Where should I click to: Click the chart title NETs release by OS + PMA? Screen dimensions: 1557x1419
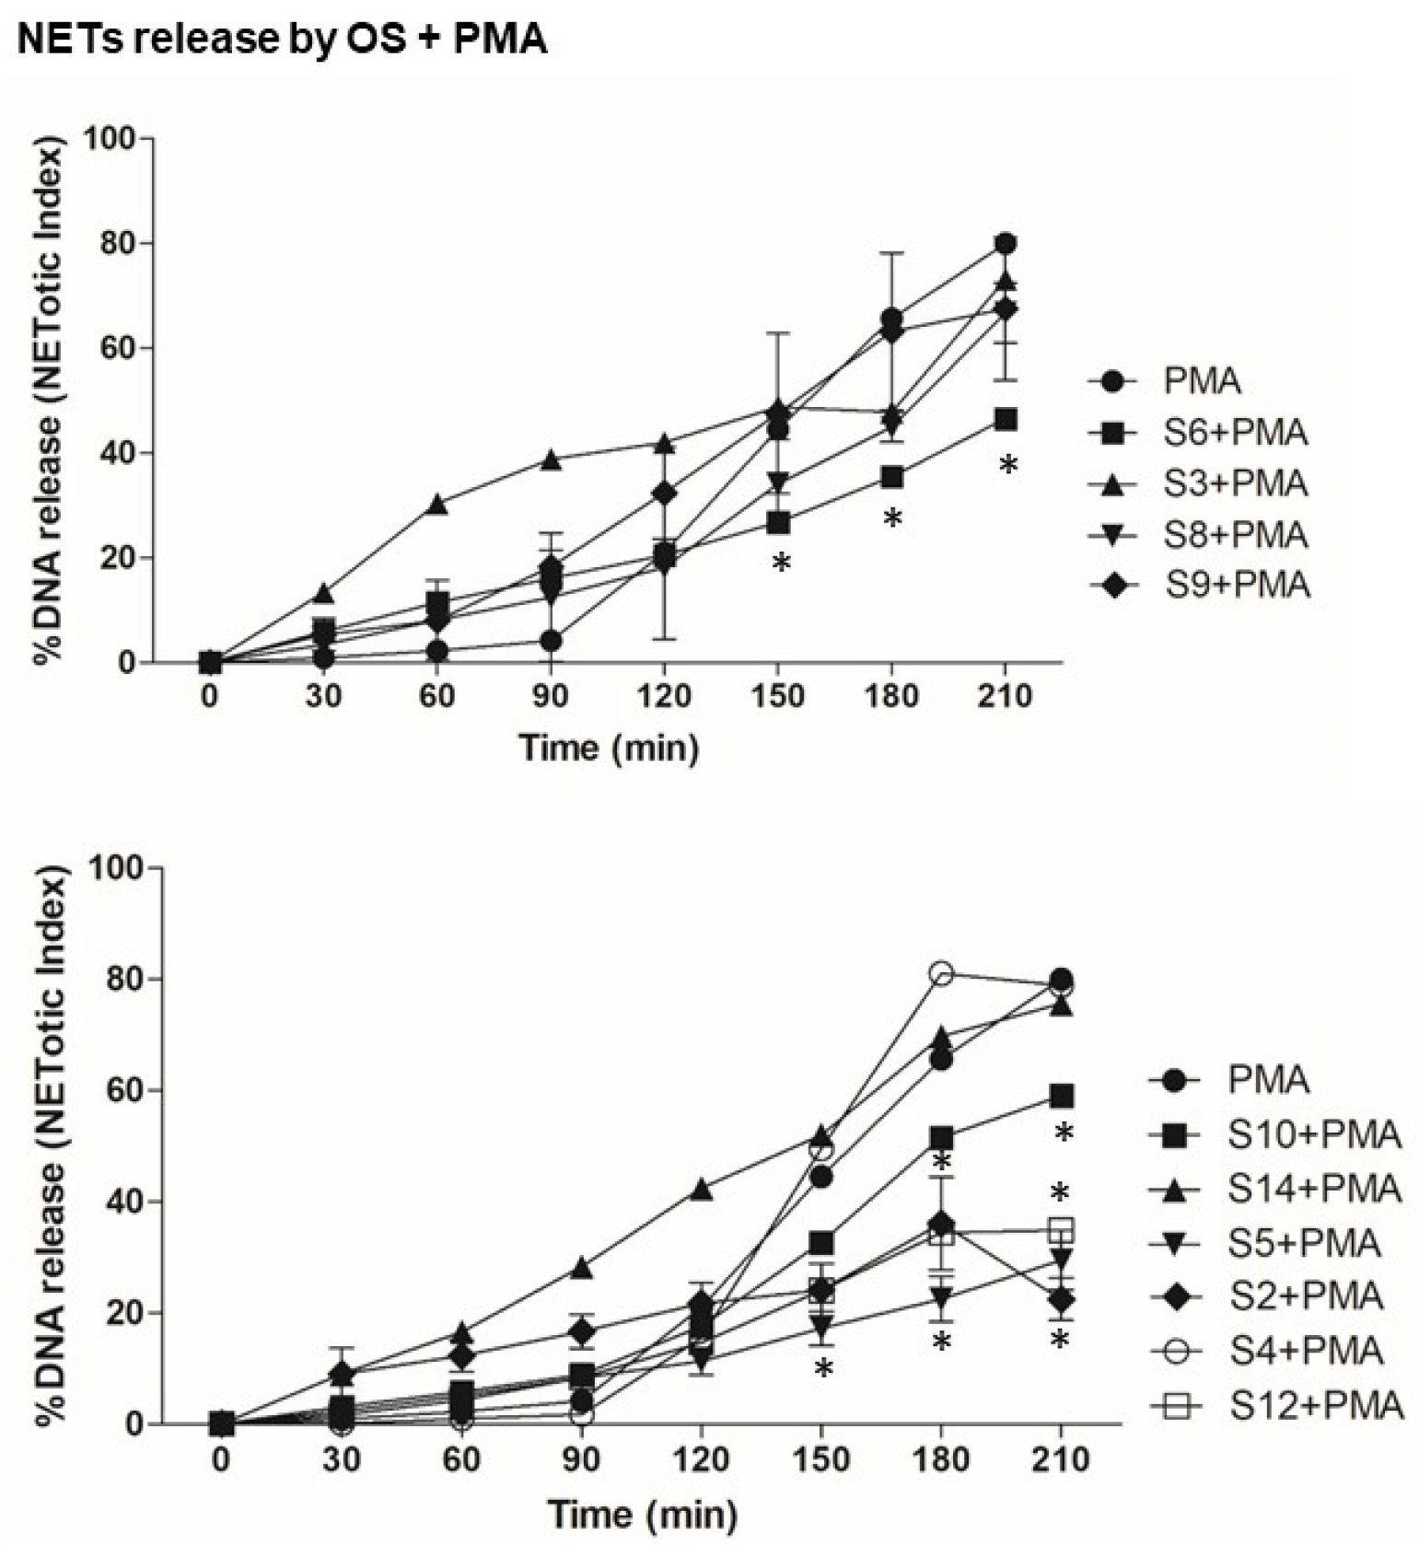283,40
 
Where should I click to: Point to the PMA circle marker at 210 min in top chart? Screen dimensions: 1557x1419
1006,244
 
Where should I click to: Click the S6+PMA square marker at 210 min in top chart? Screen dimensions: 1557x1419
1006,420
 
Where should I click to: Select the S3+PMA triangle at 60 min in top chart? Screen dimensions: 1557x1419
437,504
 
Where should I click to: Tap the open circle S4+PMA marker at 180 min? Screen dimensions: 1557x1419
941,972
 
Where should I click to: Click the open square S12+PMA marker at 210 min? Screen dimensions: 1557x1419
1062,1229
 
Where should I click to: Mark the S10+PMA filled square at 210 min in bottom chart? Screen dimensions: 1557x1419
1062,1096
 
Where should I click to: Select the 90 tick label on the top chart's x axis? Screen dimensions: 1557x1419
551,695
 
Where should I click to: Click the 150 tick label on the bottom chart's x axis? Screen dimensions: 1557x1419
820,1459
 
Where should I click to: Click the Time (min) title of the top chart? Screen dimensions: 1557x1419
609,748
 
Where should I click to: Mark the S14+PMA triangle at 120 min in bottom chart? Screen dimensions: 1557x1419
702,1189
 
